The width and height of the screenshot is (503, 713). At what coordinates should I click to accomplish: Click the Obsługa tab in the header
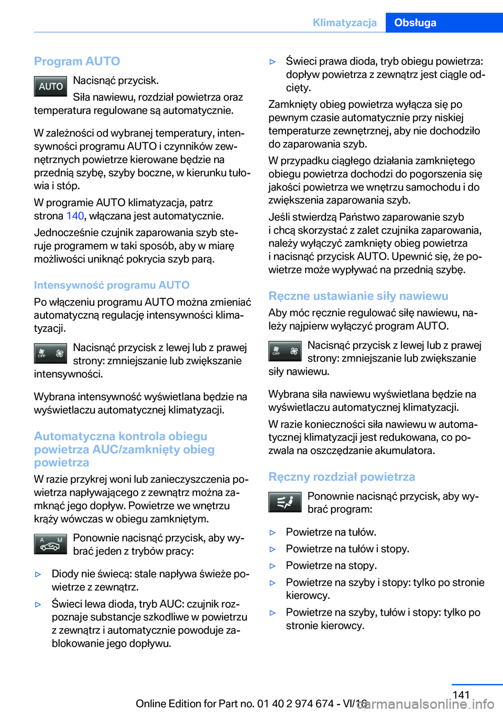pyautogui.click(x=415, y=23)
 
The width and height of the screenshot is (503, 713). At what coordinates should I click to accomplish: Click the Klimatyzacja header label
pyautogui.click(x=344, y=23)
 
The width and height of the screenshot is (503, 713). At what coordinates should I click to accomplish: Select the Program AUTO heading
pyautogui.click(x=77, y=61)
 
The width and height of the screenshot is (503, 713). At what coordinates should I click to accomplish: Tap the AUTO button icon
pyautogui.click(x=50, y=86)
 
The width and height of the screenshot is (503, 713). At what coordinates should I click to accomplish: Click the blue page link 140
pyautogui.click(x=75, y=216)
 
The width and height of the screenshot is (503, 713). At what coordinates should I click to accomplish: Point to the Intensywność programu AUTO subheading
pyautogui.click(x=112, y=285)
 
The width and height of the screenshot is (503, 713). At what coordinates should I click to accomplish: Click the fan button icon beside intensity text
pyautogui.click(x=50, y=354)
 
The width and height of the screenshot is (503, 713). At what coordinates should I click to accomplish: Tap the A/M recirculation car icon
pyautogui.click(x=50, y=544)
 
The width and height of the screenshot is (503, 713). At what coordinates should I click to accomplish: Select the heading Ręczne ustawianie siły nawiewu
pyautogui.click(x=358, y=296)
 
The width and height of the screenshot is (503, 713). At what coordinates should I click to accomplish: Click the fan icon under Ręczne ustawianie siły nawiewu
pyautogui.click(x=285, y=351)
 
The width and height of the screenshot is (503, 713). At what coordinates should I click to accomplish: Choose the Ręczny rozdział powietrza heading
pyautogui.click(x=342, y=476)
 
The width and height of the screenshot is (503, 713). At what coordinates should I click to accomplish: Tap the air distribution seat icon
pyautogui.click(x=285, y=502)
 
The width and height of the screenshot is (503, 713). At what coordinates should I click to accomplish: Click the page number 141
pyautogui.click(x=461, y=695)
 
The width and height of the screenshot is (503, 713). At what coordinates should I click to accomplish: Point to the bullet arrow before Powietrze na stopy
pyautogui.click(x=272, y=566)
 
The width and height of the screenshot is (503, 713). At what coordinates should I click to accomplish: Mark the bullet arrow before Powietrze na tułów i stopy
pyautogui.click(x=272, y=549)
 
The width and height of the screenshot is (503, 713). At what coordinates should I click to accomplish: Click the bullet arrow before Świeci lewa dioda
pyautogui.click(x=38, y=604)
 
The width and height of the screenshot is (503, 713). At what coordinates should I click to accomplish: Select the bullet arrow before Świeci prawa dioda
pyautogui.click(x=272, y=62)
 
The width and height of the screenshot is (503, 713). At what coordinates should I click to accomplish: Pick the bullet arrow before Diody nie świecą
pyautogui.click(x=38, y=574)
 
